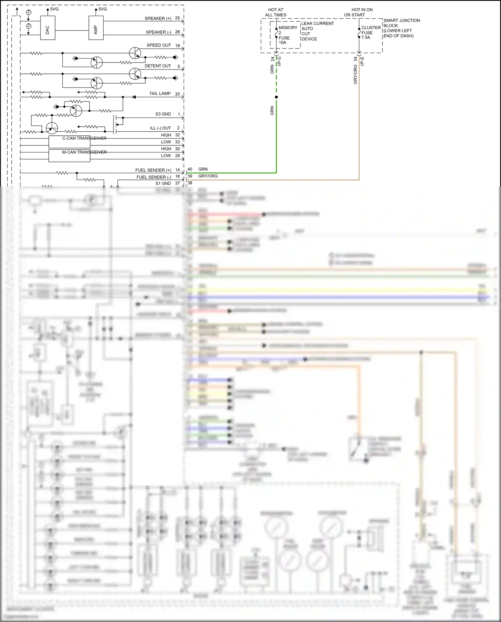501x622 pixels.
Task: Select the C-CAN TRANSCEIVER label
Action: click(x=84, y=138)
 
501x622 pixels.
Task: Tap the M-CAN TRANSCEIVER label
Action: click(x=84, y=152)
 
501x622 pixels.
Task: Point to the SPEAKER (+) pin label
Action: click(x=158, y=18)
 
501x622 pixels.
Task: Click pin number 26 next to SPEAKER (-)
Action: click(x=177, y=32)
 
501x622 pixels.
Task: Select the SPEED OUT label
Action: click(x=159, y=45)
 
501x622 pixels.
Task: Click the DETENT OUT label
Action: click(x=158, y=66)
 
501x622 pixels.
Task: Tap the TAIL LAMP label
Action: click(x=160, y=94)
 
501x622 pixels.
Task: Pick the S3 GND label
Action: click(x=163, y=114)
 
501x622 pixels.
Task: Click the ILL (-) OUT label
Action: click(x=160, y=128)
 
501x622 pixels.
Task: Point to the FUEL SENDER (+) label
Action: click(x=153, y=170)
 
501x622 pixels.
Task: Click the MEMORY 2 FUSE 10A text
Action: click(x=286, y=35)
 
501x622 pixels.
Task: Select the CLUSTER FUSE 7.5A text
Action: click(x=370, y=32)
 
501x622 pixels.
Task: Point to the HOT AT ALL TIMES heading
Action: click(x=276, y=12)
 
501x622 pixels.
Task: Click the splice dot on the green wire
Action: click(x=276, y=97)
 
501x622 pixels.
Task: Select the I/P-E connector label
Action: click(x=362, y=61)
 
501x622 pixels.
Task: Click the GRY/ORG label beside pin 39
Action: click(x=208, y=176)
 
